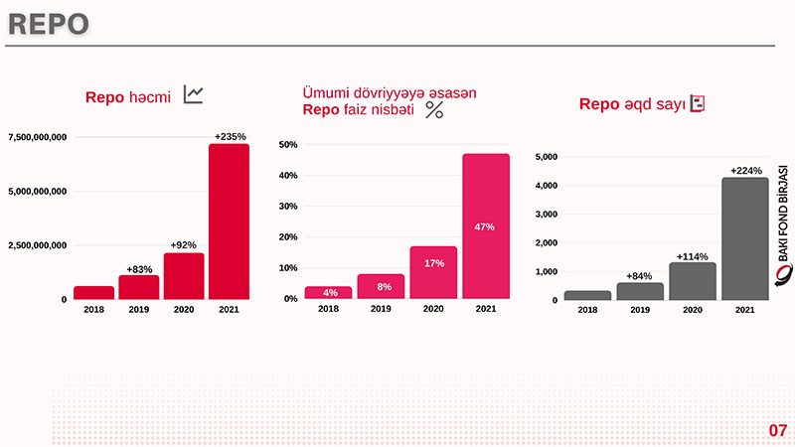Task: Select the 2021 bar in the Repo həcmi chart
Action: (229, 221)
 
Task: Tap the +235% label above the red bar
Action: (230, 136)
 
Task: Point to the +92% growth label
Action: (184, 244)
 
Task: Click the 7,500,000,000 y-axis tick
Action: (38, 136)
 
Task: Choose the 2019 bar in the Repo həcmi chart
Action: (139, 287)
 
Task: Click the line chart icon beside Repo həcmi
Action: (194, 95)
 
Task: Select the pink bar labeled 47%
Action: (485, 226)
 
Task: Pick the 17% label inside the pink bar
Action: (433, 263)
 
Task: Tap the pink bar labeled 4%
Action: (329, 292)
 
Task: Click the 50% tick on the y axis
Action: (288, 145)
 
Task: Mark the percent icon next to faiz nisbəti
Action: (434, 110)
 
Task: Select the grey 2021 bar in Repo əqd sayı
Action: (745, 238)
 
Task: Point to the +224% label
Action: (746, 171)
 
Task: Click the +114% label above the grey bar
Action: (693, 256)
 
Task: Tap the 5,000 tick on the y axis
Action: (547, 157)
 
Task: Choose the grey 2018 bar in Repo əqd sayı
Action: (587, 295)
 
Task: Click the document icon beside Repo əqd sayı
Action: (699, 103)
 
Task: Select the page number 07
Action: (777, 430)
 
